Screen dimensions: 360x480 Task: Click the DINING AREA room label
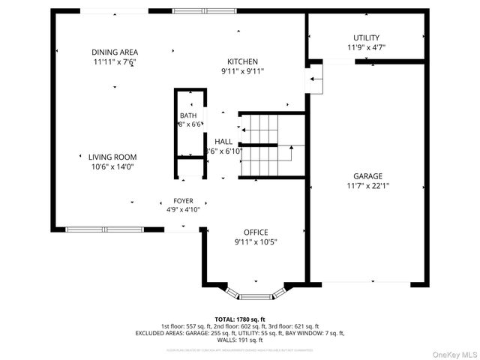(x=115, y=52)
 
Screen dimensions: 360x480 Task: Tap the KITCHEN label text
(x=243, y=61)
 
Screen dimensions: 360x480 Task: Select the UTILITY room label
(x=366, y=37)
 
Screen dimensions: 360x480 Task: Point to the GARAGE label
(x=368, y=176)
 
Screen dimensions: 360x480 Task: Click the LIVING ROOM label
(x=112, y=157)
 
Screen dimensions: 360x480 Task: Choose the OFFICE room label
(x=255, y=232)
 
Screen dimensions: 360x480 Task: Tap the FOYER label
(x=183, y=201)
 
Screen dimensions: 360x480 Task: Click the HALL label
(x=223, y=141)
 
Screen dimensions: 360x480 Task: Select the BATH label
(x=187, y=115)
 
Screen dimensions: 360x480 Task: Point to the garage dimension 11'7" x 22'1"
(x=368, y=186)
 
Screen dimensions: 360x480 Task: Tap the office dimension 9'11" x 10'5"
(x=255, y=241)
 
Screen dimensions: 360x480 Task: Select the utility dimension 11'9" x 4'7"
(x=366, y=47)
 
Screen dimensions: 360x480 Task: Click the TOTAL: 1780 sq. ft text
(x=239, y=319)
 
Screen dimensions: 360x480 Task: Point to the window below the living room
(x=104, y=229)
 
